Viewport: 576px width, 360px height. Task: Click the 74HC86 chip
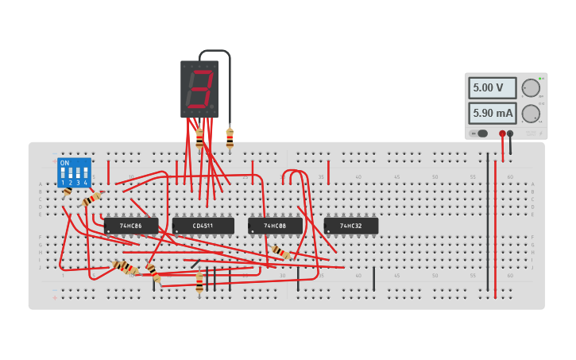pos(131,226)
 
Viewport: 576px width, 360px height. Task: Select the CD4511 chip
pos(203,226)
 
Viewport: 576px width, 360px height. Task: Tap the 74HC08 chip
pos(275,226)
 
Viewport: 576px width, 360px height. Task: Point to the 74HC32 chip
pos(351,226)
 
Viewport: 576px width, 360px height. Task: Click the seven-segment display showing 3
pos(199,88)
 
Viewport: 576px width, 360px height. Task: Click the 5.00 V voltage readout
pos(492,87)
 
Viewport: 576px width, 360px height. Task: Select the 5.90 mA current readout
pos(492,113)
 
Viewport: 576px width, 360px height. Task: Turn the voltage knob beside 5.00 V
pos(530,87)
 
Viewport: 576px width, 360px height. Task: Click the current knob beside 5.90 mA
pos(530,113)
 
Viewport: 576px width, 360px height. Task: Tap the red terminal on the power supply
pos(502,134)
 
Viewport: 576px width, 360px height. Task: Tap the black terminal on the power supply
pos(510,134)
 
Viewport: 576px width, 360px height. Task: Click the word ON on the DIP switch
pos(64,163)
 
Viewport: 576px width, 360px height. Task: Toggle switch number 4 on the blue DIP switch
pos(86,172)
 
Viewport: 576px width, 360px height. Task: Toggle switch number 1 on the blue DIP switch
pos(62,172)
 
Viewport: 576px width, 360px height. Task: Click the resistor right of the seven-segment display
pos(230,139)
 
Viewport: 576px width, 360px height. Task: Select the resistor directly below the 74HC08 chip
pos(280,253)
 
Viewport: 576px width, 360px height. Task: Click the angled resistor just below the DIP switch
pos(92,198)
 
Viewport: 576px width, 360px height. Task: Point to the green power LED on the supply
pos(541,78)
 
